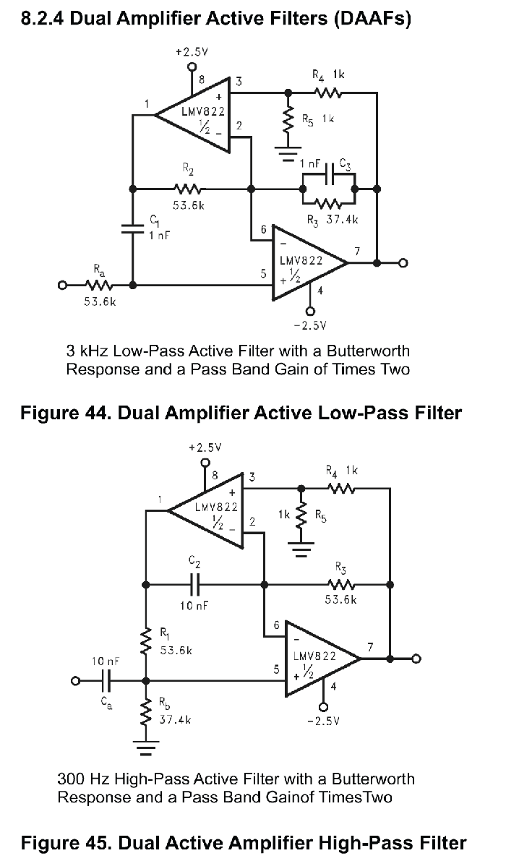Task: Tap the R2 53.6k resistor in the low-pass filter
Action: pos(188,189)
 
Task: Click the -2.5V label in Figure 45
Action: pos(324,721)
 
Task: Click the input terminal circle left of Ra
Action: pos(63,285)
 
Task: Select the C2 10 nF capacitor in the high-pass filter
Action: pos(195,585)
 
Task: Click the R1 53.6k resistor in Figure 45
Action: pos(146,641)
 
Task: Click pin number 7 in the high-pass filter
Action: pos(370,647)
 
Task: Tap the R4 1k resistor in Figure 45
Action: pos(341,487)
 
